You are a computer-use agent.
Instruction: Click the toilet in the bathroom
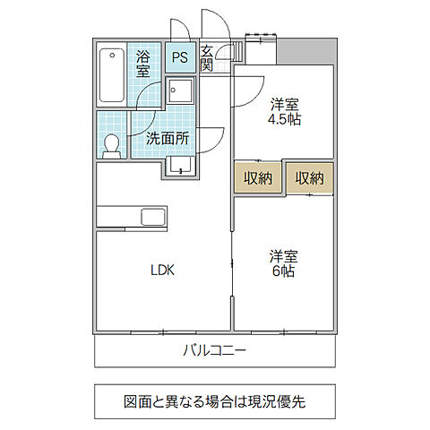(x=112, y=145)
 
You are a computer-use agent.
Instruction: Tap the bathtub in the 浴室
(x=112, y=74)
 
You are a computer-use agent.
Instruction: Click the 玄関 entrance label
(x=206, y=58)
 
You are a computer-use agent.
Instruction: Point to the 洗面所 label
(x=168, y=139)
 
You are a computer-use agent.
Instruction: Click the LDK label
(x=162, y=269)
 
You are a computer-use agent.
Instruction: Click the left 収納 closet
(x=258, y=178)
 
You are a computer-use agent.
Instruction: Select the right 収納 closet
(x=309, y=178)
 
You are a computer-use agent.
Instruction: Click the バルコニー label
(x=215, y=350)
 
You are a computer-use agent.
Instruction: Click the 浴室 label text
(x=143, y=64)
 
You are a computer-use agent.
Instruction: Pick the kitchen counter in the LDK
(x=116, y=217)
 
